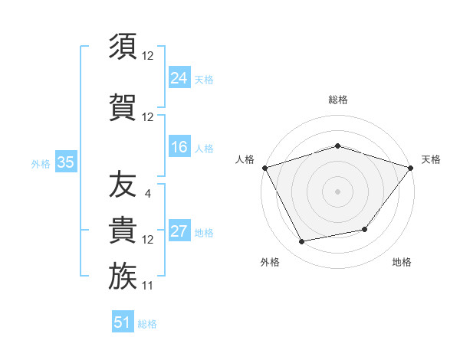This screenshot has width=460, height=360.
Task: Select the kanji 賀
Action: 123,106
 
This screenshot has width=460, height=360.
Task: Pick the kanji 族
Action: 123,276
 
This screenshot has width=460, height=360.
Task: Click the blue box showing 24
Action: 179,77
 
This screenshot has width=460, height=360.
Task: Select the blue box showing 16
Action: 179,147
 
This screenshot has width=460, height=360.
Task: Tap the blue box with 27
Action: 179,231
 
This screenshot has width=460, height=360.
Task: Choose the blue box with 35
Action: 65,162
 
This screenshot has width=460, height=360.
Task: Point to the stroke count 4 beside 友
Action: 147,193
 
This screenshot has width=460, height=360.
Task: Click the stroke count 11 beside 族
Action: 148,286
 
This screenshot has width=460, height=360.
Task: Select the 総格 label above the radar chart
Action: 337,100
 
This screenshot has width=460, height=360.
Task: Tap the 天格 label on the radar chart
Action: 431,159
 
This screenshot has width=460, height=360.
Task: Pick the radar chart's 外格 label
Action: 269,262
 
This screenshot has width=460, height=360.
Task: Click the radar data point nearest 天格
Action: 410,168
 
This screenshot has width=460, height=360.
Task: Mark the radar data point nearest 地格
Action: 365,229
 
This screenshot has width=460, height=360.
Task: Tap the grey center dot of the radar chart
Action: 337,191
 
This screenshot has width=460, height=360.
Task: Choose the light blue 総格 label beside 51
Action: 147,324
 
